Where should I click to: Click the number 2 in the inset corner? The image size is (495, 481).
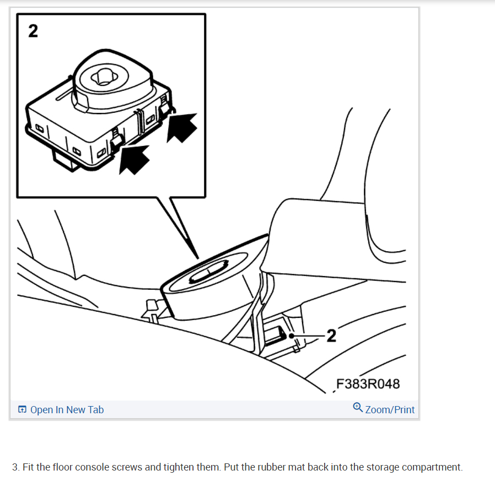33,31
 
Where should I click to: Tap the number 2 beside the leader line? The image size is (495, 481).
331,335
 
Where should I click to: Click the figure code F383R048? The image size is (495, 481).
368,383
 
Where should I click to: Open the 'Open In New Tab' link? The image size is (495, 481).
67,409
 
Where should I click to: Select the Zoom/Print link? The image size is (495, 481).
390,409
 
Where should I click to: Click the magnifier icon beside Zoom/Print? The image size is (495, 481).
358,408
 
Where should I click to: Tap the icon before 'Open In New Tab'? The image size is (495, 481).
22,409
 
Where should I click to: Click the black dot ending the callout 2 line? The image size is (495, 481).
290,335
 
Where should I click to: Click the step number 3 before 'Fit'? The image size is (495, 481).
14,467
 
